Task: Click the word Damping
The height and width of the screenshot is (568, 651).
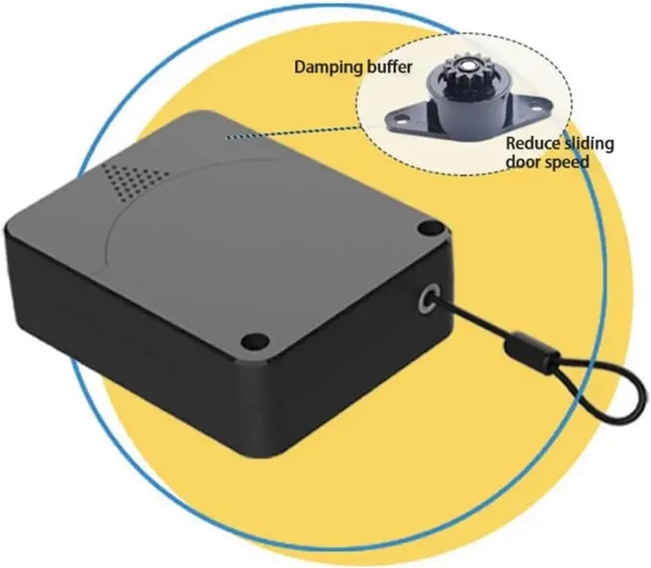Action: tap(325, 67)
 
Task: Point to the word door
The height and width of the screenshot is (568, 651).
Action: tap(521, 162)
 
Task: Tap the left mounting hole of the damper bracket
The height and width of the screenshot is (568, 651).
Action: tap(400, 119)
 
